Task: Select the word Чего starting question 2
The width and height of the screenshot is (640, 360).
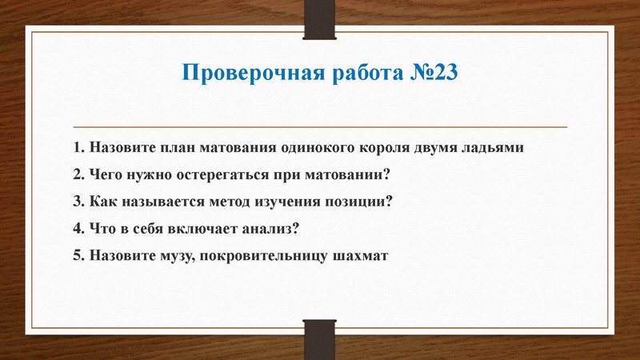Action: pyautogui.click(x=106, y=175)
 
